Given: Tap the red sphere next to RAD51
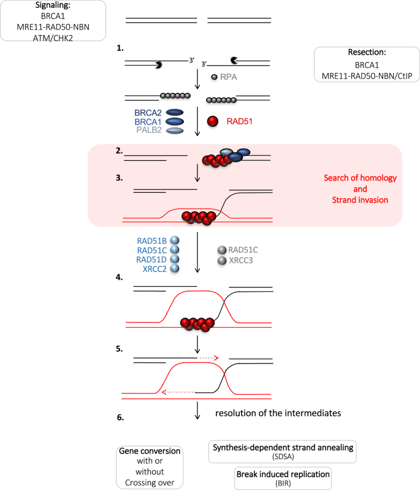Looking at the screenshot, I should click(212, 122).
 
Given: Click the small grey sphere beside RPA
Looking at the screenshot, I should click(213, 77).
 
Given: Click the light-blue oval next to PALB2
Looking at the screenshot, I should click(175, 131).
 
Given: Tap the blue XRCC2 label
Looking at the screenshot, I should click(153, 269).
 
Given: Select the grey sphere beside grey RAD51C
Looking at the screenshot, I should click(221, 250).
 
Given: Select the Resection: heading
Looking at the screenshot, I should click(364, 53).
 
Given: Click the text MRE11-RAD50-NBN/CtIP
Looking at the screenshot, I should click(364, 76).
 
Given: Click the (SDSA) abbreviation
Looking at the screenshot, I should click(283, 457).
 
